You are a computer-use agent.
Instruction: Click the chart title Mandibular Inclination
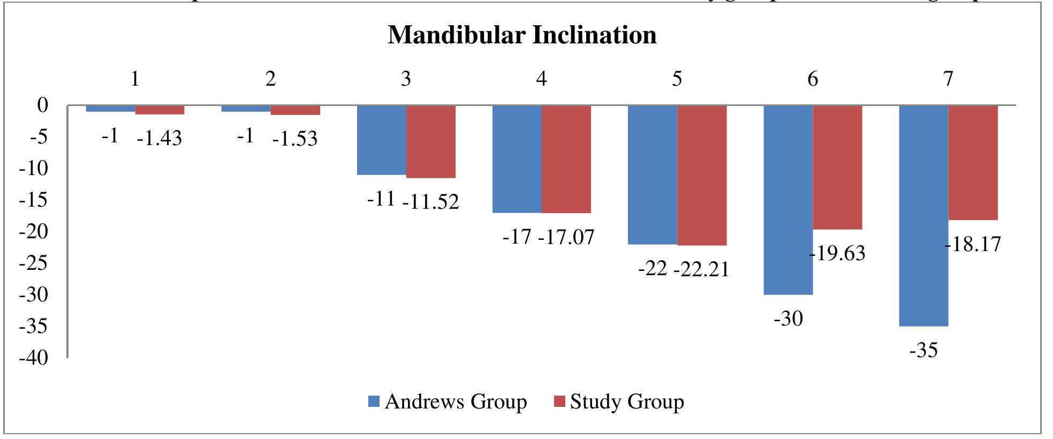click(522, 35)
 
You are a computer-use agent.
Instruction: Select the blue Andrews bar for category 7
click(923, 215)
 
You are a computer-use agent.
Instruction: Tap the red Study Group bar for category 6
click(837, 167)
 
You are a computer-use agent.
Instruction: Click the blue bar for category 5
click(653, 175)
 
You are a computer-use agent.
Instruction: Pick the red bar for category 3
click(431, 141)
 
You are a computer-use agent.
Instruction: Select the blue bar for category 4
click(517, 159)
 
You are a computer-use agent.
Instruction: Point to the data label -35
click(923, 351)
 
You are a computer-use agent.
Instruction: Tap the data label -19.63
click(837, 253)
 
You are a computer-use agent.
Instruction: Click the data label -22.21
click(701, 269)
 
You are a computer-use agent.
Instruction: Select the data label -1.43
click(159, 139)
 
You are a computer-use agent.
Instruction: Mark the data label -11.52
click(430, 202)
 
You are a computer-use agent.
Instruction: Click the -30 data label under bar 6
click(789, 319)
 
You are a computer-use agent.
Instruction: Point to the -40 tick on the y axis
click(34, 358)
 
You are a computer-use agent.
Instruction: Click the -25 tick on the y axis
click(34, 263)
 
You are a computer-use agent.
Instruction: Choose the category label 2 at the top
click(270, 79)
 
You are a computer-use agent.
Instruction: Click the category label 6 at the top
click(813, 79)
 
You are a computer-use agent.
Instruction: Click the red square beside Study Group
click(560, 402)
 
